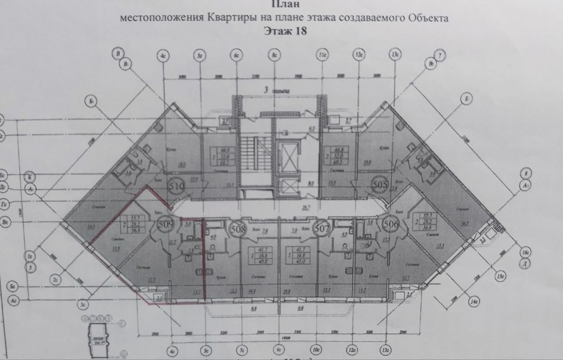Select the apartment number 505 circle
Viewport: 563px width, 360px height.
click(379, 184)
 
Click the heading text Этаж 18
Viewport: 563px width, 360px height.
click(284, 31)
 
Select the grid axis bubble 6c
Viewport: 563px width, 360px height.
click(237, 56)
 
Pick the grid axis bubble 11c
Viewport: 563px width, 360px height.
click(323, 56)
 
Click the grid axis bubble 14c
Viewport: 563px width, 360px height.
click(474, 302)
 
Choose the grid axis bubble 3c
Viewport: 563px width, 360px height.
click(82, 303)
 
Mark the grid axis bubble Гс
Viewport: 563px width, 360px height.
click(4, 204)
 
